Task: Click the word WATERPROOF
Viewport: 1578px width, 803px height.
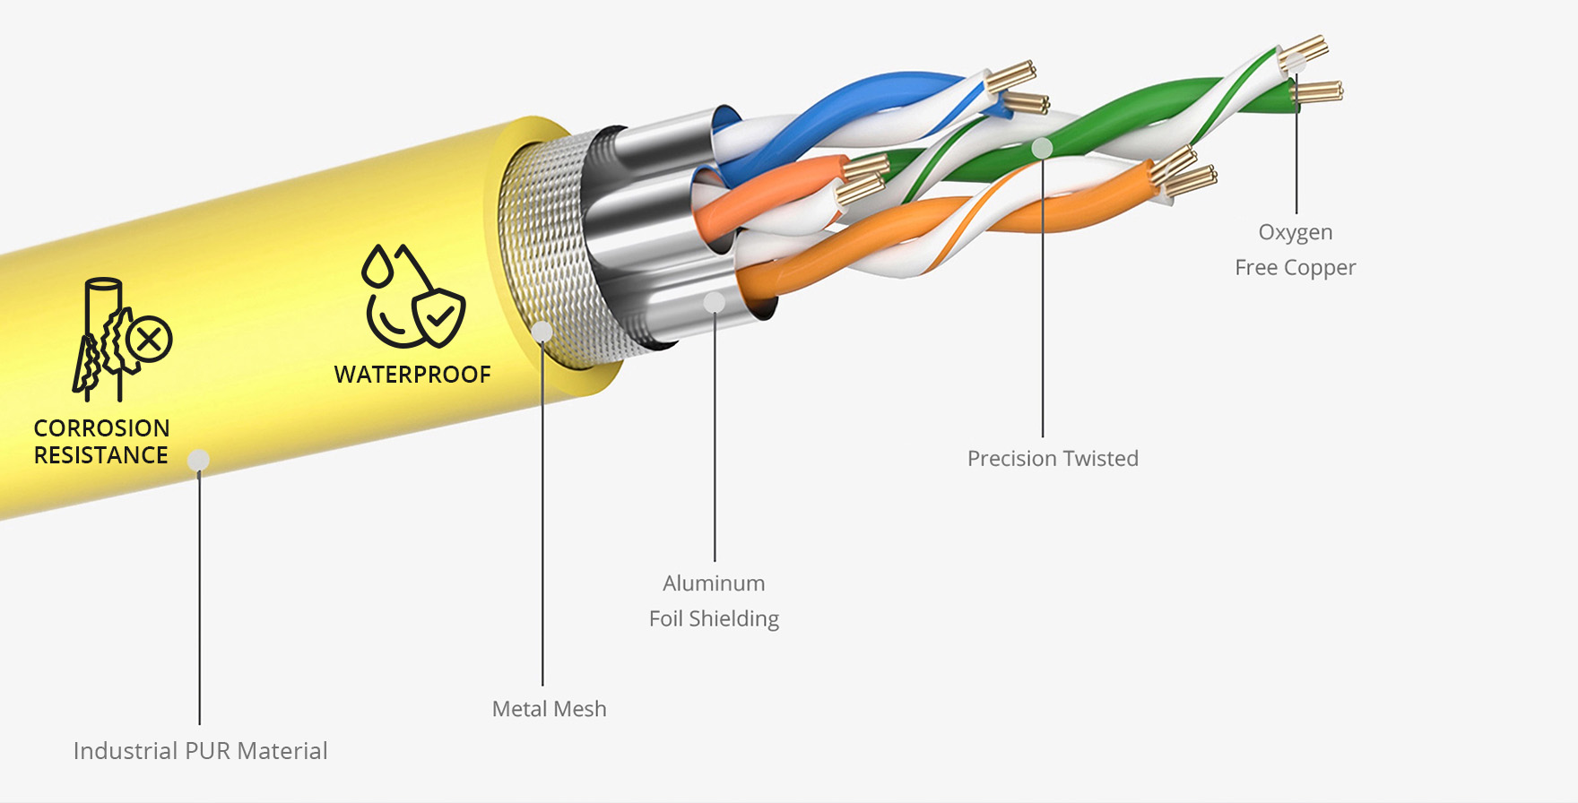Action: [412, 375]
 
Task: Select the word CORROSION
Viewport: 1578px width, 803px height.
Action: [101, 428]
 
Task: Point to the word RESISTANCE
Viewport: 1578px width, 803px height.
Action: [101, 455]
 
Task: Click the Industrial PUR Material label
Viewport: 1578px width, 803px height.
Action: [200, 751]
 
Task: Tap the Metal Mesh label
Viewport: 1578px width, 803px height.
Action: [549, 709]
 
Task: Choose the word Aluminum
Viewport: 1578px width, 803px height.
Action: [714, 583]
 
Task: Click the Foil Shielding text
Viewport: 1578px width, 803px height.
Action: [714, 618]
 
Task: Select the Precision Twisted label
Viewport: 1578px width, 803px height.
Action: [1053, 459]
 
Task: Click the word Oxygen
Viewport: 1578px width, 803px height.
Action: [1295, 232]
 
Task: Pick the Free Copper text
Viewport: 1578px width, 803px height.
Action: [1295, 267]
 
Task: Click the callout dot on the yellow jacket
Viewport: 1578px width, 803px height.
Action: [198, 461]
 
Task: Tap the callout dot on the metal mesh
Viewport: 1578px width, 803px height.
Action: [542, 332]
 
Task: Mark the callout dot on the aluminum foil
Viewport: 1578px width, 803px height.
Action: [715, 302]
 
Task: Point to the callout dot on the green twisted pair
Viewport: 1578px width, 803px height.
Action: [1042, 148]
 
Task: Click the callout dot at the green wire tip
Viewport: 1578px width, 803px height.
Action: [1296, 63]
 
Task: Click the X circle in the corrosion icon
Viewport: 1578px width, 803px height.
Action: [149, 340]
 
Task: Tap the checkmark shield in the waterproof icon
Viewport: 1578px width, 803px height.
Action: [439, 315]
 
